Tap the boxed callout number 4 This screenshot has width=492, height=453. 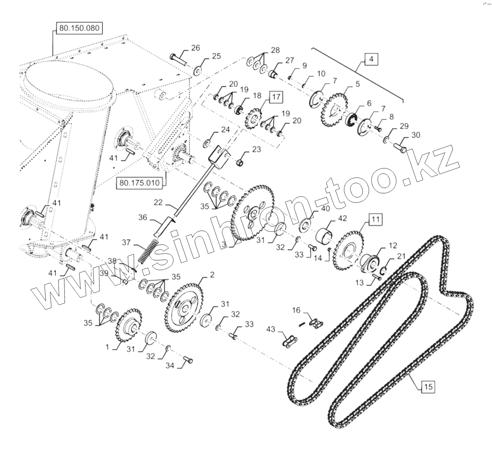(371, 59)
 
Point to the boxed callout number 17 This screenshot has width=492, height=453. (276, 96)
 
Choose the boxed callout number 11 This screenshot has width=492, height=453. (376, 219)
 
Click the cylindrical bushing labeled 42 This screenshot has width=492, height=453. (324, 235)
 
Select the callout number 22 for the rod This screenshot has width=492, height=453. (159, 203)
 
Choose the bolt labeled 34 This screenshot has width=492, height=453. (188, 361)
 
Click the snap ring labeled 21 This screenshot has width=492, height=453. (385, 272)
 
